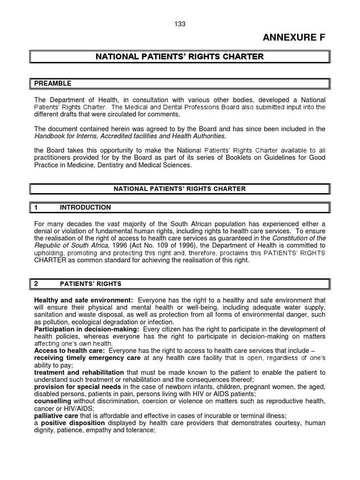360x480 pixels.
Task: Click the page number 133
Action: pos(180,24)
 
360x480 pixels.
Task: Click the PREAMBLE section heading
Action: pos(52,83)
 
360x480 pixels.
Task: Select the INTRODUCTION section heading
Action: pos(85,207)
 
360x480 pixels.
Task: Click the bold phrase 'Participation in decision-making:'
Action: pos(86,330)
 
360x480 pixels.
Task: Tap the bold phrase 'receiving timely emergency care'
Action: pos(87,358)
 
